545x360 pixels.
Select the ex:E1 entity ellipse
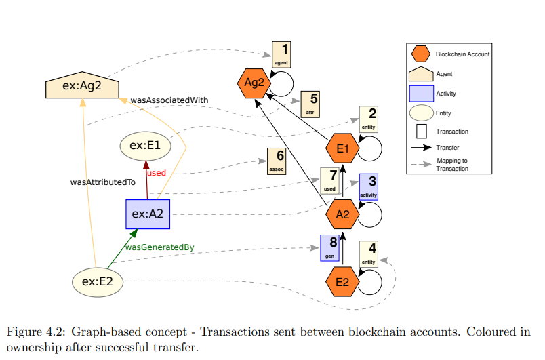[x=145, y=145]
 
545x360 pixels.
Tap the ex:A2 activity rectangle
[x=148, y=214]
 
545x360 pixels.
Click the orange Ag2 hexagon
[x=254, y=83]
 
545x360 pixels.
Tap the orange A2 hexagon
[x=342, y=214]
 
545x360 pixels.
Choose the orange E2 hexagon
[x=342, y=281]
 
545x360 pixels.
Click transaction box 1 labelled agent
[x=281, y=54]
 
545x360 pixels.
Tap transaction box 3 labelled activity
[x=368, y=186]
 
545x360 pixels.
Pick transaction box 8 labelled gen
[x=329, y=248]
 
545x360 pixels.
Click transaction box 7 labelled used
[x=329, y=181]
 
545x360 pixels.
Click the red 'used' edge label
[x=157, y=173]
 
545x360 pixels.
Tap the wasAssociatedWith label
[x=169, y=100]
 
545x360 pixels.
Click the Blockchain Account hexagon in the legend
[x=421, y=54]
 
